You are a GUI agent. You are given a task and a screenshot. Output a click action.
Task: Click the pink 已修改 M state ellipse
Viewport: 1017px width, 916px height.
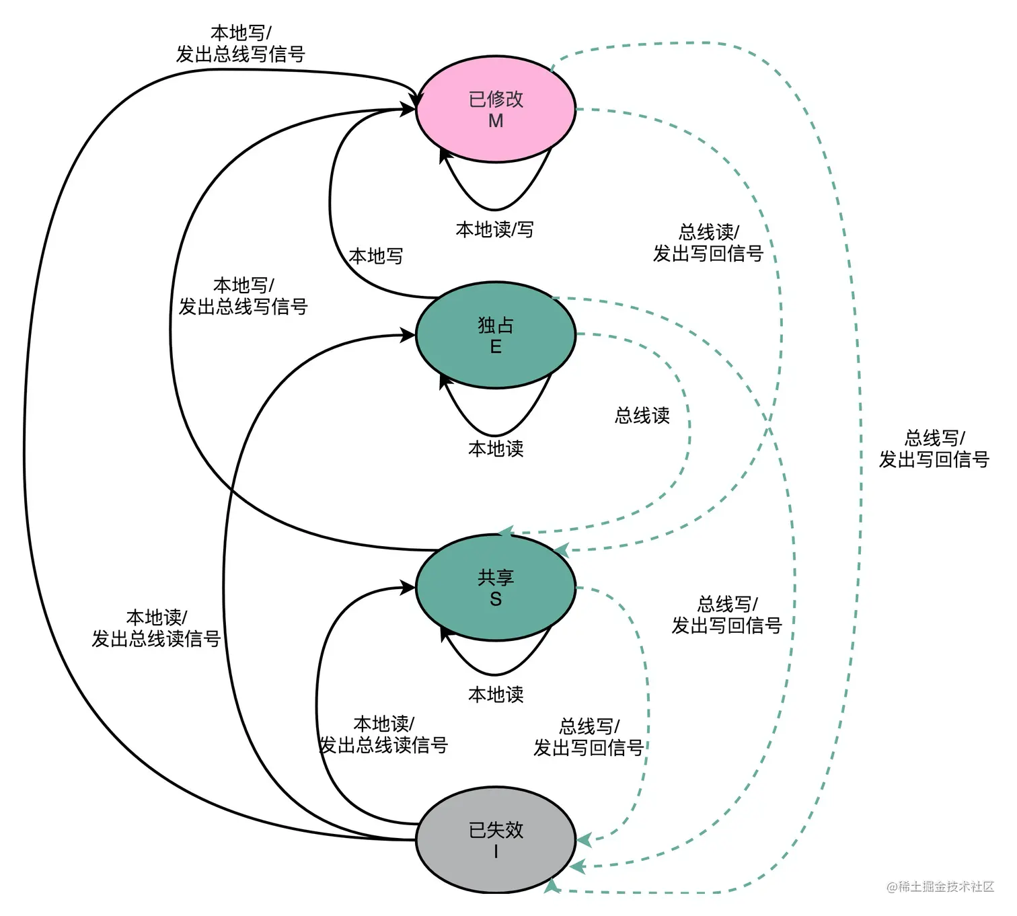coord(495,109)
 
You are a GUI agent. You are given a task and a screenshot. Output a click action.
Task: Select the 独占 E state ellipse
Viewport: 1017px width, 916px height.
coord(495,335)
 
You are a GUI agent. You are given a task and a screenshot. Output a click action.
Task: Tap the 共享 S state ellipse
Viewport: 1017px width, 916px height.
coord(495,588)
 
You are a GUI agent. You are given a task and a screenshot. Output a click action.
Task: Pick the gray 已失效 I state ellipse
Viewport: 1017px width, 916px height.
coord(495,840)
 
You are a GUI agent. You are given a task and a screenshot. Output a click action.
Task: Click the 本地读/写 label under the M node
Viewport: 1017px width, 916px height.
coord(495,229)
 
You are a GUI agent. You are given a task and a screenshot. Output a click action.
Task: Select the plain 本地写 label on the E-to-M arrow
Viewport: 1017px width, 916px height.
coord(376,256)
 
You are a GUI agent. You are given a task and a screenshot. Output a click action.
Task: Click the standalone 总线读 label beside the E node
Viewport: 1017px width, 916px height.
coord(642,416)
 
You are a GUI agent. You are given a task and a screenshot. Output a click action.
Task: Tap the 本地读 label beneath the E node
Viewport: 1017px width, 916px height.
coord(495,449)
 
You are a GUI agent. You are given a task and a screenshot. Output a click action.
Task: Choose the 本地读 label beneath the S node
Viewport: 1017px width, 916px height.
coord(495,694)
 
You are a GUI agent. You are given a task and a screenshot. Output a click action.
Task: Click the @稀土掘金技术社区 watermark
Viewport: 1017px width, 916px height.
coord(940,886)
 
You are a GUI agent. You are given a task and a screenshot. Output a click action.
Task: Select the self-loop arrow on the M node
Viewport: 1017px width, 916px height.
coord(495,209)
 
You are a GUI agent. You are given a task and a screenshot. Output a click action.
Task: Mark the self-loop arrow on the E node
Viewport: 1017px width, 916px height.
coord(495,435)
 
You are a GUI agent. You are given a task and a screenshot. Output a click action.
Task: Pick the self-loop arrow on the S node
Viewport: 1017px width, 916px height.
coord(495,675)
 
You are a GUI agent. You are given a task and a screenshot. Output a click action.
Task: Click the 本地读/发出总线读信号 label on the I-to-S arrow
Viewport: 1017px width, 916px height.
coord(383,734)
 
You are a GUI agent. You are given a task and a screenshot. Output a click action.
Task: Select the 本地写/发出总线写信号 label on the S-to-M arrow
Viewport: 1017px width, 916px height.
coord(243,296)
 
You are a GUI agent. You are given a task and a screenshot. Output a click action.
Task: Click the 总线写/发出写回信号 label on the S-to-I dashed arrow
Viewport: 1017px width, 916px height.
coord(589,737)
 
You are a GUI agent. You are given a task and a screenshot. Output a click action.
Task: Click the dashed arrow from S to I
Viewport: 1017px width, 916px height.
coord(648,710)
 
